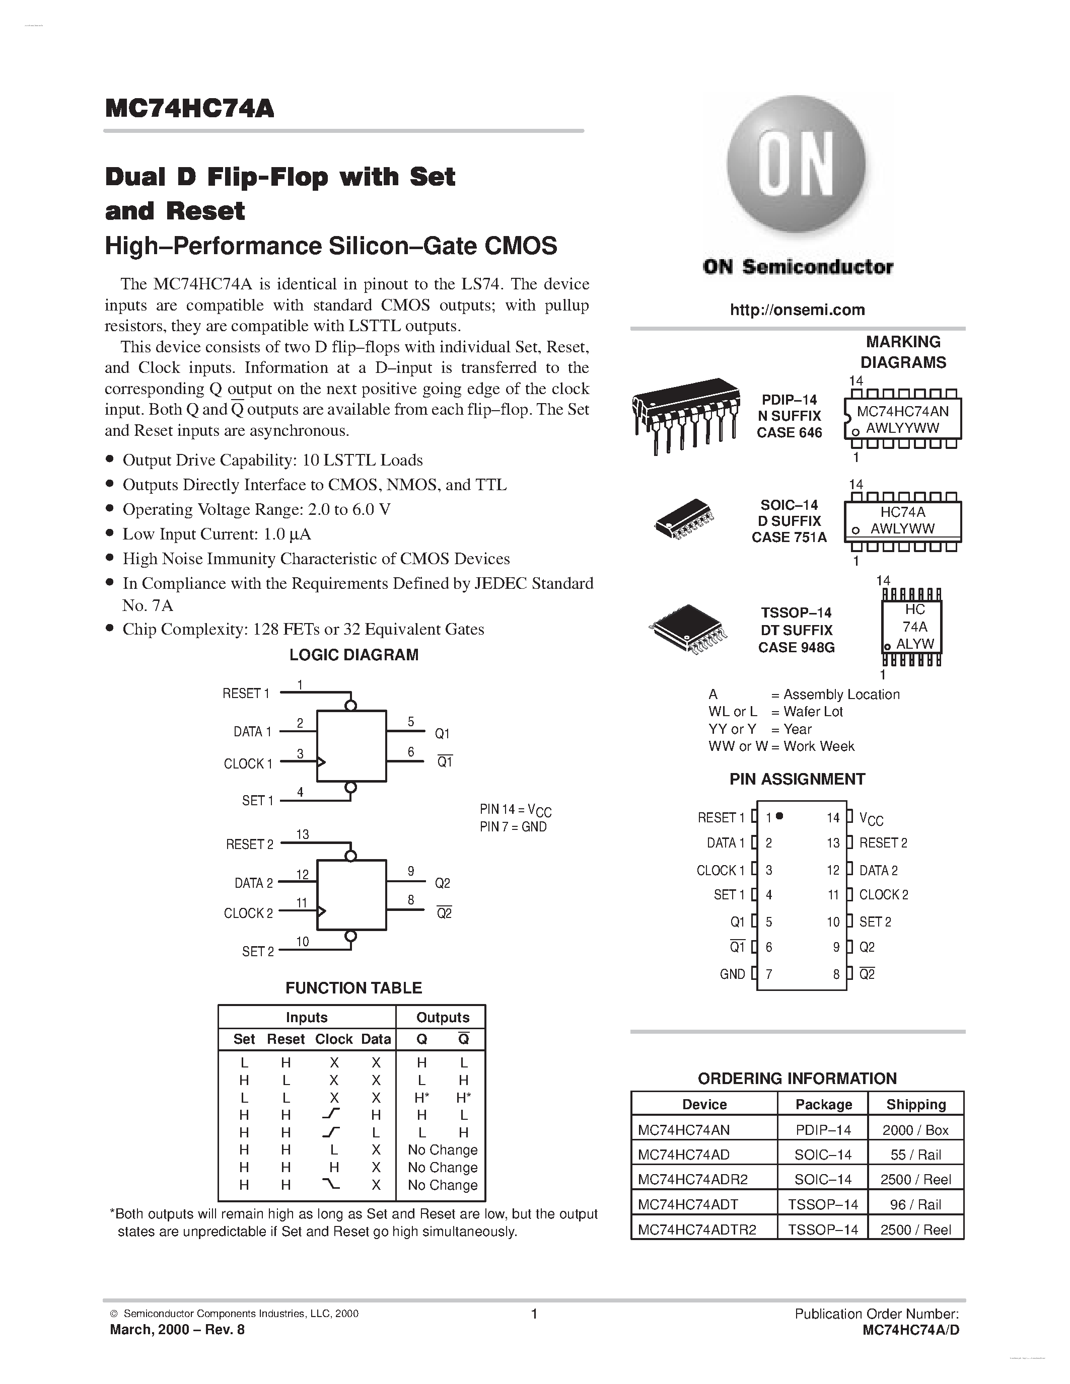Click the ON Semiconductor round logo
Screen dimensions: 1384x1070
tap(796, 167)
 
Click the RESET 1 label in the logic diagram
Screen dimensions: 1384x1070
tap(246, 694)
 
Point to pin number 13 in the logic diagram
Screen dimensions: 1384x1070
tap(302, 834)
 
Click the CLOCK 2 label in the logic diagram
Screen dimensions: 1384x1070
tap(248, 913)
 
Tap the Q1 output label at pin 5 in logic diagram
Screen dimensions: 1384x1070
tap(442, 733)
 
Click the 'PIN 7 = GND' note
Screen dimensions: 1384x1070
tap(513, 827)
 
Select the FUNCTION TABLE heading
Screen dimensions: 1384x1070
tap(353, 988)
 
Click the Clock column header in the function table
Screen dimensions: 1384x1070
tap(333, 1039)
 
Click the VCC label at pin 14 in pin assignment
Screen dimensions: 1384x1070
tap(871, 819)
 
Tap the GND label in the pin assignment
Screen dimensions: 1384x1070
tap(732, 974)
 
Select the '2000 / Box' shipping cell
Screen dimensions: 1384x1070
tap(915, 1130)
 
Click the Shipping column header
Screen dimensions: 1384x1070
tap(915, 1105)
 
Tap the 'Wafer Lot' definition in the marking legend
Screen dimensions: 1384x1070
tap(813, 712)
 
